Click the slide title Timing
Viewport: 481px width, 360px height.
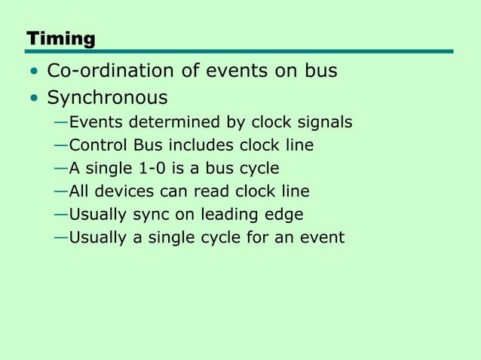[60, 38]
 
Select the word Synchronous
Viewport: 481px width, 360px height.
[107, 98]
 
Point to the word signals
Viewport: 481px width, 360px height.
[324, 122]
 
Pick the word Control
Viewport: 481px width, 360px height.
[95, 145]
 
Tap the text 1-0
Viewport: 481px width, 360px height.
[169, 168]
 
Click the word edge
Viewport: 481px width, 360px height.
[283, 215]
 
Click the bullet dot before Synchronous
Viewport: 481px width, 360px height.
[33, 99]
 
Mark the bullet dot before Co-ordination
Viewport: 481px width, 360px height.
[33, 72]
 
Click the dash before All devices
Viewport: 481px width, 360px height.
[60, 191]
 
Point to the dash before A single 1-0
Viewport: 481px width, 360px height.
[60, 168]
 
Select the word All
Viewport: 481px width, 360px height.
[80, 191]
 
